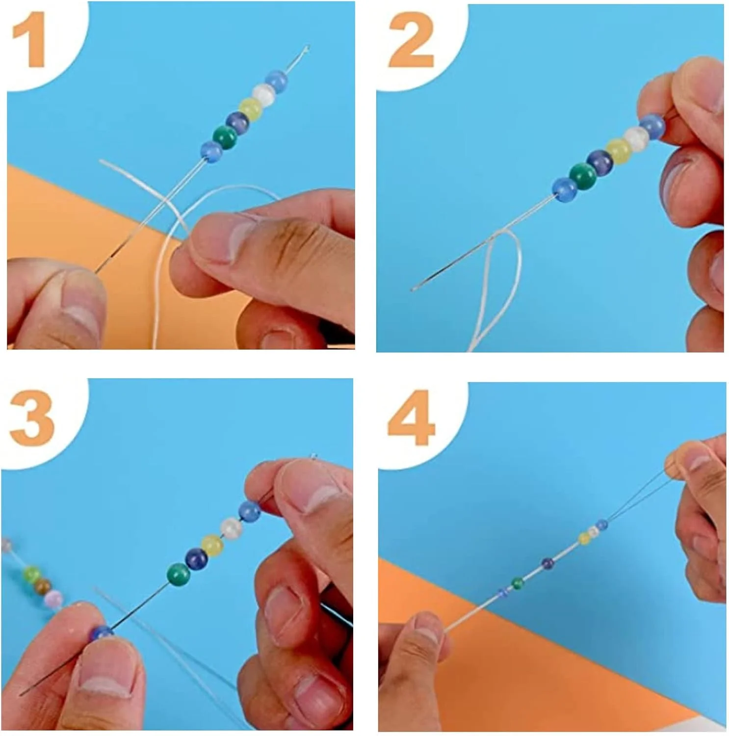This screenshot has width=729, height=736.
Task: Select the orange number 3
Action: point(32,419)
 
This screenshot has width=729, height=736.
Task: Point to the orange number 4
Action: point(411,420)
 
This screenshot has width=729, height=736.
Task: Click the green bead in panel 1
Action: point(225,137)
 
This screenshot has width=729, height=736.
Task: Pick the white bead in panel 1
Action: point(263,93)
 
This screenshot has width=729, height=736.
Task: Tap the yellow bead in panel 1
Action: point(250,108)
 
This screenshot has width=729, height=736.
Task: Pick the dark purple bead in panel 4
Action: point(547,563)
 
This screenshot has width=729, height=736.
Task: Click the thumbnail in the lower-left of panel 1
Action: point(77,306)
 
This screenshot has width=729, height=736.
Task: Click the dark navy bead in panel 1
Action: point(237,122)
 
